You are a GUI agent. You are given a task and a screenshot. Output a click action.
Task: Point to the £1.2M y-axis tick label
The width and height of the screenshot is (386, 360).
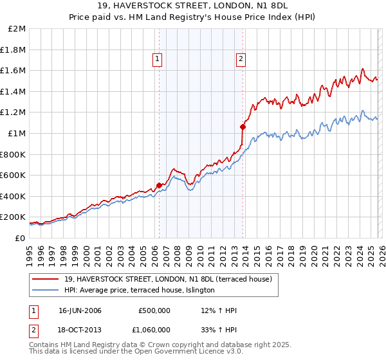(14, 113)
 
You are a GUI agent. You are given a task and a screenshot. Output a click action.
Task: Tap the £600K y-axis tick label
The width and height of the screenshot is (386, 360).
(13, 175)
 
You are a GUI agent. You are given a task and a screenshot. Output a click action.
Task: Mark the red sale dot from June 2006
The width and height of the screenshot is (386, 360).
(159, 186)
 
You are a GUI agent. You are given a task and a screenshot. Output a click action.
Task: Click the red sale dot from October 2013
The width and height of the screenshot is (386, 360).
(243, 127)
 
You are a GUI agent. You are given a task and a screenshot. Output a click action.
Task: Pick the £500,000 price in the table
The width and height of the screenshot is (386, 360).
(154, 310)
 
